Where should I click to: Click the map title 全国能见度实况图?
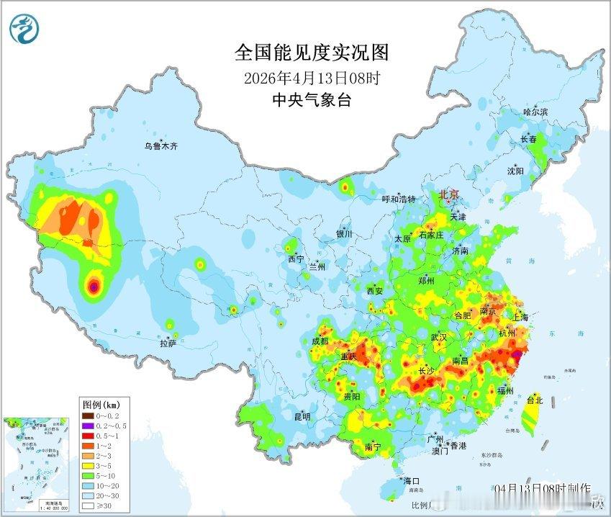tap(312, 53)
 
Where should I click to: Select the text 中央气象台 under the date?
tap(312, 100)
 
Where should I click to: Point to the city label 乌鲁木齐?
tap(160, 146)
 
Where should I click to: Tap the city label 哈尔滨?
tap(535, 112)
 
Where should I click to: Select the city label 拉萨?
tap(168, 345)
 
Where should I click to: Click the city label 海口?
tap(411, 480)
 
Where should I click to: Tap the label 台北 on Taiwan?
tap(535, 400)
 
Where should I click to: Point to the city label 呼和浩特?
tap(399, 199)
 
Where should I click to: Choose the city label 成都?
tap(320, 341)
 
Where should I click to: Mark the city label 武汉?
tap(438, 337)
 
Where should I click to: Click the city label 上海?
tap(520, 317)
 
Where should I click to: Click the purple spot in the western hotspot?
tap(92, 287)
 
